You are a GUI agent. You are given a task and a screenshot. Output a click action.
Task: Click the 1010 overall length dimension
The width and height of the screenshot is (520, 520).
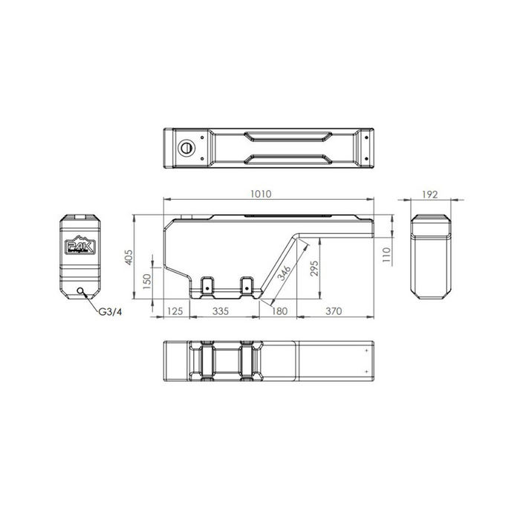point(260,194)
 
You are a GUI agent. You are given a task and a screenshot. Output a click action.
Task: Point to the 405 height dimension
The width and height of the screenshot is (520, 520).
point(128,258)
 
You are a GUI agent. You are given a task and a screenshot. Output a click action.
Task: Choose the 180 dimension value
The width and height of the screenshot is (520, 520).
point(279,311)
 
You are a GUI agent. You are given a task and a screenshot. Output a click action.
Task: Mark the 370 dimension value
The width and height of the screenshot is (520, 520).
point(334,311)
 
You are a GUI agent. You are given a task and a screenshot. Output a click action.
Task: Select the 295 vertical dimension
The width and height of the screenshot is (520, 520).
point(314,267)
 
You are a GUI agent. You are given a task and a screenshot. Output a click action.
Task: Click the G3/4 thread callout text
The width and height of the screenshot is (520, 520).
point(111,311)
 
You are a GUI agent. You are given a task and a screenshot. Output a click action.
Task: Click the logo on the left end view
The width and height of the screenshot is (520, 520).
point(79,247)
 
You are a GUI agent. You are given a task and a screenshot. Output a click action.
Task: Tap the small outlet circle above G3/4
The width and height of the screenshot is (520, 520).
point(81,290)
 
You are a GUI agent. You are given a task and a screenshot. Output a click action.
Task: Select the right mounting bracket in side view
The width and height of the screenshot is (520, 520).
point(247,284)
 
